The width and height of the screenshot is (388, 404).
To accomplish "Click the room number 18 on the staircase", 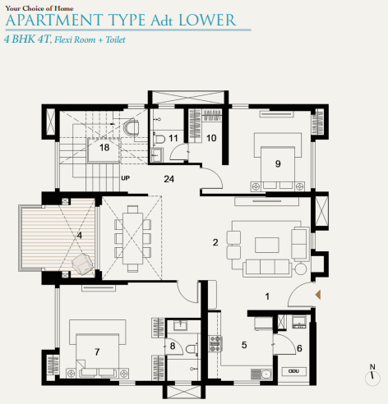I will point(104,148).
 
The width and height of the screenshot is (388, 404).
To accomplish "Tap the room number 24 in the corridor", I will point(169,178).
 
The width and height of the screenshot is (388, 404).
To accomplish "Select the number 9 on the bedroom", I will point(278,163).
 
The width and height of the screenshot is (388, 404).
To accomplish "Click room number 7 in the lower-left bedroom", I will point(97,351).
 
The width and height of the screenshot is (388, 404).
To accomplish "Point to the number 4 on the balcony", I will point(79,236).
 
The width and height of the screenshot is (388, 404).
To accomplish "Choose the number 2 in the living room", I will point(215,242).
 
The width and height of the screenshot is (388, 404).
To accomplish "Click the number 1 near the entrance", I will point(266,295).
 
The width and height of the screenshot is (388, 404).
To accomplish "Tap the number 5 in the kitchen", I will point(243,346).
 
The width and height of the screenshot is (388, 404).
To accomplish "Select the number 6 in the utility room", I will point(299,349).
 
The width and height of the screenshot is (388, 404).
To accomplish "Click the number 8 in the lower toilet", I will point(173,347).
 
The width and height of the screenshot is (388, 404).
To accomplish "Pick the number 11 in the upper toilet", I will point(173,139).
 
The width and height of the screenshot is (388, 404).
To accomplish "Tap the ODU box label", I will point(293,371).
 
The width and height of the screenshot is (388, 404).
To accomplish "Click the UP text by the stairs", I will point(126,177).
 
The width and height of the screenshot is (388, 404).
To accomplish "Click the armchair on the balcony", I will point(83,263).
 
